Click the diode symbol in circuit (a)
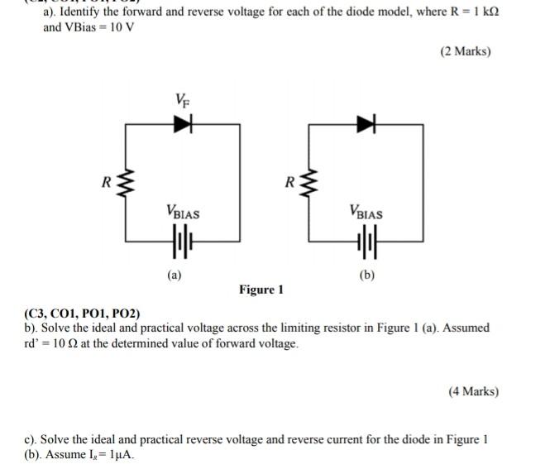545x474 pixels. point(183,124)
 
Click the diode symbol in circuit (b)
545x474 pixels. point(365,124)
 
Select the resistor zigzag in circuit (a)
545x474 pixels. point(127,184)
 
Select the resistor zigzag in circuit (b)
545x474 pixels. point(309,184)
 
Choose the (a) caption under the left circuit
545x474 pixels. point(174,274)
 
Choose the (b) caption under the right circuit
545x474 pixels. point(365,275)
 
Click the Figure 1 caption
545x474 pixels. point(261,290)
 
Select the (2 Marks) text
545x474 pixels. point(466,51)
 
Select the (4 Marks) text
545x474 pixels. point(474,391)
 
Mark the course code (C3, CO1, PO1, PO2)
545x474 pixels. point(83,314)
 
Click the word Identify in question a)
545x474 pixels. point(82,12)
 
